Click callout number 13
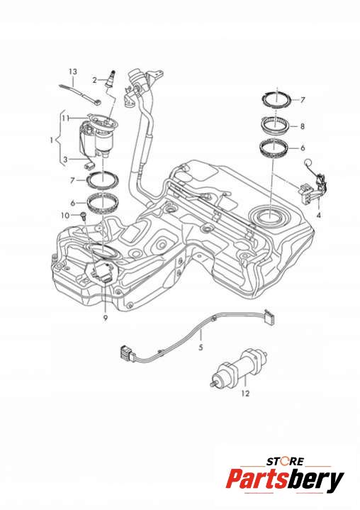tap(73, 72)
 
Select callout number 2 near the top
tap(94, 80)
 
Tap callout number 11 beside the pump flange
tap(66, 118)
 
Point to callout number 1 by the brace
tap(51, 140)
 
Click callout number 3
tap(66, 160)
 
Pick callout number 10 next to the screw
tap(65, 216)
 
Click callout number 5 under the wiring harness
tap(201, 348)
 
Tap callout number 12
tap(245, 394)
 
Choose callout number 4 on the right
tap(319, 216)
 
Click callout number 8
tap(303, 126)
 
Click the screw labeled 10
tap(83, 216)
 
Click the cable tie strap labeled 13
tap(80, 94)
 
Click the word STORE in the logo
tap(286, 461)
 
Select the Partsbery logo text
tap(285, 480)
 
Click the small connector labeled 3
tap(89, 165)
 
